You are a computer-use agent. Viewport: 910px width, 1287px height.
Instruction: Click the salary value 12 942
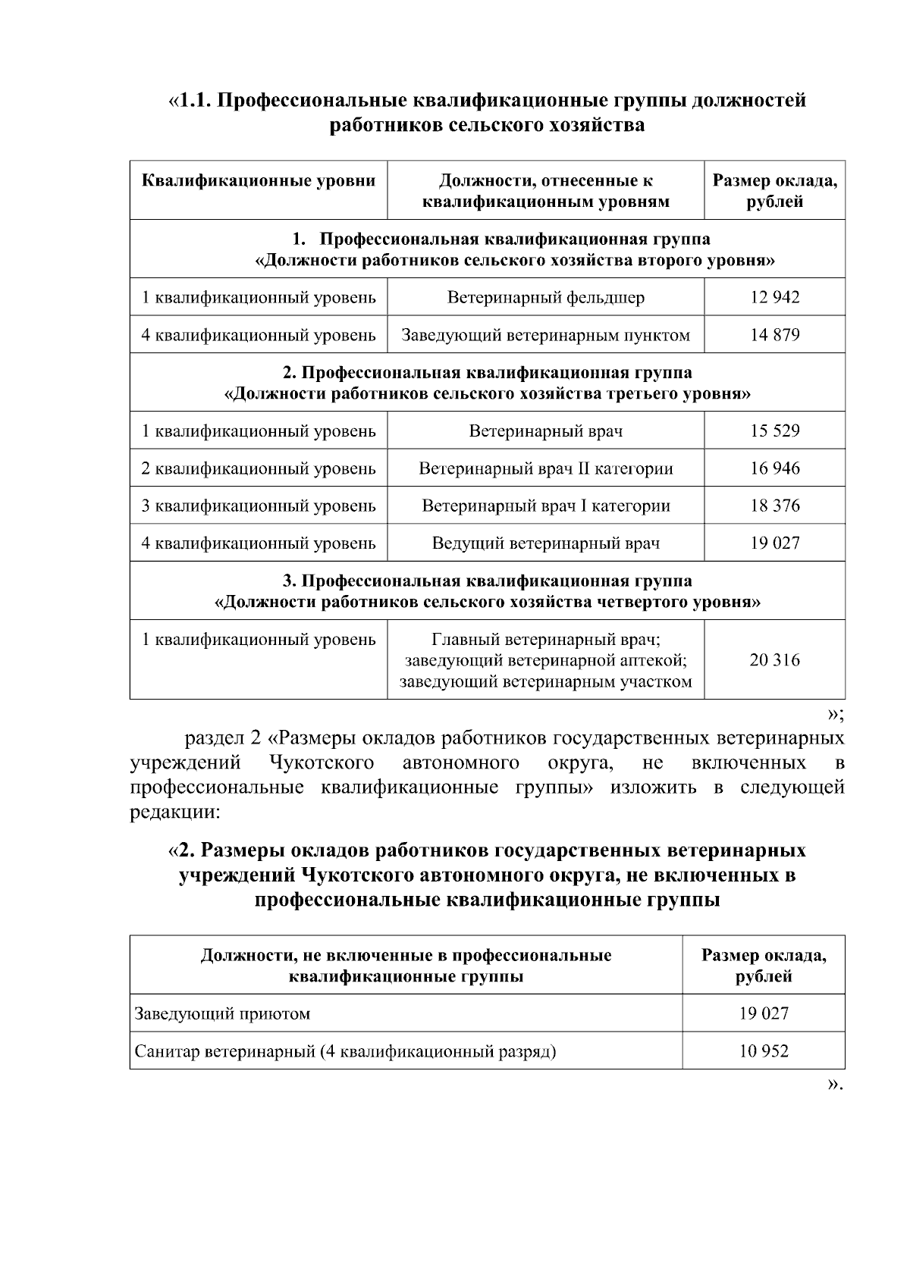click(774, 297)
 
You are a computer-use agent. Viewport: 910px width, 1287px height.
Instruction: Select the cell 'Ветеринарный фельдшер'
click(545, 297)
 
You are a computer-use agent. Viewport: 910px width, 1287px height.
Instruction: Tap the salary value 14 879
click(774, 335)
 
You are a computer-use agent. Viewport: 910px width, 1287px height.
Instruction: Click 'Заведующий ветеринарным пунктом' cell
click(545, 335)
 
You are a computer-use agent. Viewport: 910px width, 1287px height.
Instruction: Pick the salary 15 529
click(774, 431)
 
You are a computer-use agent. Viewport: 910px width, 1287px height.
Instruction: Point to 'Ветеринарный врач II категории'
click(545, 468)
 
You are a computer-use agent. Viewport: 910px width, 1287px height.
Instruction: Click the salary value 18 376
click(774, 506)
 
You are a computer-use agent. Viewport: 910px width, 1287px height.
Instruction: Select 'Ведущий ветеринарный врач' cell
click(545, 543)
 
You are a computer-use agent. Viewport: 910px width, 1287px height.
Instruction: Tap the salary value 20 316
click(774, 659)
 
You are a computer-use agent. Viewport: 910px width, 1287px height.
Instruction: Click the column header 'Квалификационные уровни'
click(259, 180)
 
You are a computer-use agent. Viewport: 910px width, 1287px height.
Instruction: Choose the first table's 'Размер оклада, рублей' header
click(774, 191)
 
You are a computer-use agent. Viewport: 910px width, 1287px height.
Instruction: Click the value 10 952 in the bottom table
click(764, 1051)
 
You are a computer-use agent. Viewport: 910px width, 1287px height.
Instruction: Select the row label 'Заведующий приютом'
click(222, 1013)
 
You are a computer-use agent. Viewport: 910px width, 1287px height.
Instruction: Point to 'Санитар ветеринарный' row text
click(345, 1051)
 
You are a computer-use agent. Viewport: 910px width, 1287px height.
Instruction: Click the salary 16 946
click(774, 468)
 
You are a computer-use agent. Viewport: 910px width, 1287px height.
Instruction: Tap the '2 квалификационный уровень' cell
click(259, 468)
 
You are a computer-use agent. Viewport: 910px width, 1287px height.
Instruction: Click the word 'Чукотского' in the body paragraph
click(322, 762)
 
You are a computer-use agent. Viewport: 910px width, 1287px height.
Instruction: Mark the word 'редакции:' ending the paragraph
click(175, 812)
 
